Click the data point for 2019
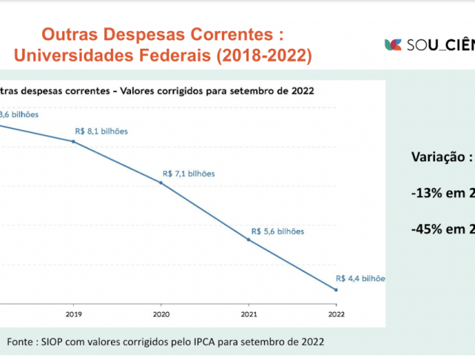tap(73, 140)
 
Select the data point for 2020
tap(161, 183)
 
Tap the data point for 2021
tap(249, 240)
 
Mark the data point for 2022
tap(336, 290)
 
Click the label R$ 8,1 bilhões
tap(101, 131)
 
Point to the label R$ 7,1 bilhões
tap(189, 174)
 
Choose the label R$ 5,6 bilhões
tap(277, 231)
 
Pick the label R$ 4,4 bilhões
tap(360, 279)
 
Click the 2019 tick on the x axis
tap(73, 314)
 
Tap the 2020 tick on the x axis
tap(161, 314)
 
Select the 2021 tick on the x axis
tap(249, 314)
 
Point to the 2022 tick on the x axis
tap(336, 314)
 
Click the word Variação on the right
tap(437, 157)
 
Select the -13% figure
tap(428, 192)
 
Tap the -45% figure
tap(428, 228)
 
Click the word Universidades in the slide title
tap(79, 55)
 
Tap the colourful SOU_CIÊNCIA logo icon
tap(393, 44)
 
